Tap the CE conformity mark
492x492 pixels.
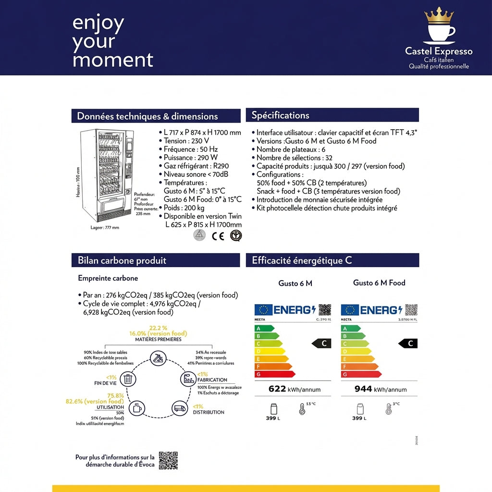coord(218,235)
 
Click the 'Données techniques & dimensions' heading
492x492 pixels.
coord(148,116)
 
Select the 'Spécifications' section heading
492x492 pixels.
coord(281,115)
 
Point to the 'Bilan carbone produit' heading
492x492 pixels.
coord(122,260)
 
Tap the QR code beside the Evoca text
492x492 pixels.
coord(168,460)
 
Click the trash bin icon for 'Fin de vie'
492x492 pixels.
coord(128,379)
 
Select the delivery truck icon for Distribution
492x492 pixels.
coord(179,408)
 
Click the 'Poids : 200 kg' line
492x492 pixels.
coord(184,208)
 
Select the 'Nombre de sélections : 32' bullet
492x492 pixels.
coord(295,158)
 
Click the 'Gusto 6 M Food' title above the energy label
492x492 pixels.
coord(379,283)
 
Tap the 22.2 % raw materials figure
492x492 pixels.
coord(158,328)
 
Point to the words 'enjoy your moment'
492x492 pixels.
coord(112,42)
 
